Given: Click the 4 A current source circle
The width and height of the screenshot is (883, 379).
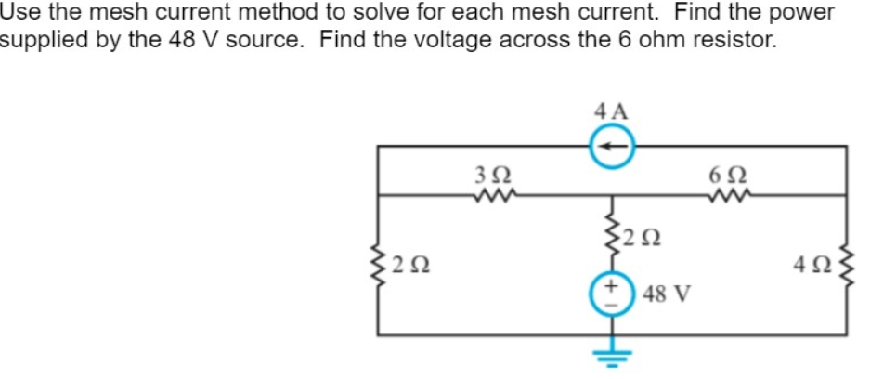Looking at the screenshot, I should (612, 146).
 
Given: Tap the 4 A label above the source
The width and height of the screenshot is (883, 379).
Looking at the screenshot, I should (611, 111).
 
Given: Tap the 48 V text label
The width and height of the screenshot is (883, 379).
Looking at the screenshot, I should (666, 294).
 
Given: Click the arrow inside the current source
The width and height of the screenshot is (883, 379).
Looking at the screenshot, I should (612, 146).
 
